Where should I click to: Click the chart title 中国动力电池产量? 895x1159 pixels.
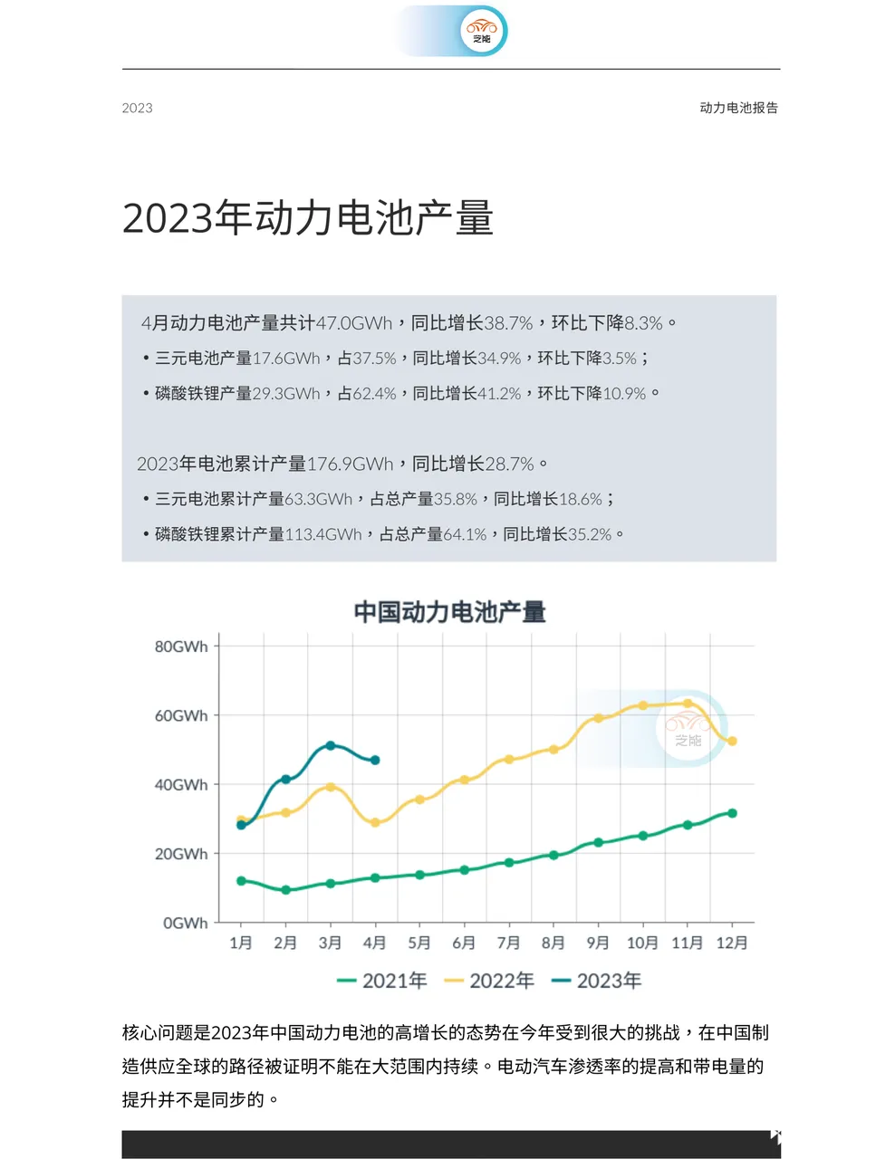pyautogui.click(x=449, y=612)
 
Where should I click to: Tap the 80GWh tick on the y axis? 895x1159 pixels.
pyautogui.click(x=181, y=647)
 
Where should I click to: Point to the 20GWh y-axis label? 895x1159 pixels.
pyautogui.click(x=181, y=854)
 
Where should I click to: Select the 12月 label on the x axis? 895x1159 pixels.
pyautogui.click(x=732, y=943)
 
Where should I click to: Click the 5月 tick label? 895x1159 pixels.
pyautogui.click(x=419, y=943)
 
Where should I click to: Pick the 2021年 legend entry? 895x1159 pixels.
pyautogui.click(x=382, y=981)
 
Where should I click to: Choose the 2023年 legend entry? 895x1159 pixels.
pyautogui.click(x=597, y=981)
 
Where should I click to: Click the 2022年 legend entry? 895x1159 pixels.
pyautogui.click(x=490, y=981)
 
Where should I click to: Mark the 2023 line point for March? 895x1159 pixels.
pyautogui.click(x=331, y=745)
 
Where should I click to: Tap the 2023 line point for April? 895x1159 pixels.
pyautogui.click(x=375, y=761)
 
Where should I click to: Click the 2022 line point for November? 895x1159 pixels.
pyautogui.click(x=688, y=703)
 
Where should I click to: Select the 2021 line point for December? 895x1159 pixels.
pyautogui.click(x=732, y=813)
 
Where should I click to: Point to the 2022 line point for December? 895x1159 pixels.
pyautogui.click(x=732, y=741)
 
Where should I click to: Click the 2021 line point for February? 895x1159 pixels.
pyautogui.click(x=286, y=890)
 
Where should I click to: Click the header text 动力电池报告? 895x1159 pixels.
pyautogui.click(x=738, y=108)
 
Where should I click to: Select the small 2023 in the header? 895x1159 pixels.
pyautogui.click(x=138, y=109)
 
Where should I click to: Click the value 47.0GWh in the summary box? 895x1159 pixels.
pyautogui.click(x=354, y=323)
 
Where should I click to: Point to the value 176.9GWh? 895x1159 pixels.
pyautogui.click(x=350, y=465)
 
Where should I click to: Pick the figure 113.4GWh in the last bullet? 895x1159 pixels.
pyautogui.click(x=323, y=534)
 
